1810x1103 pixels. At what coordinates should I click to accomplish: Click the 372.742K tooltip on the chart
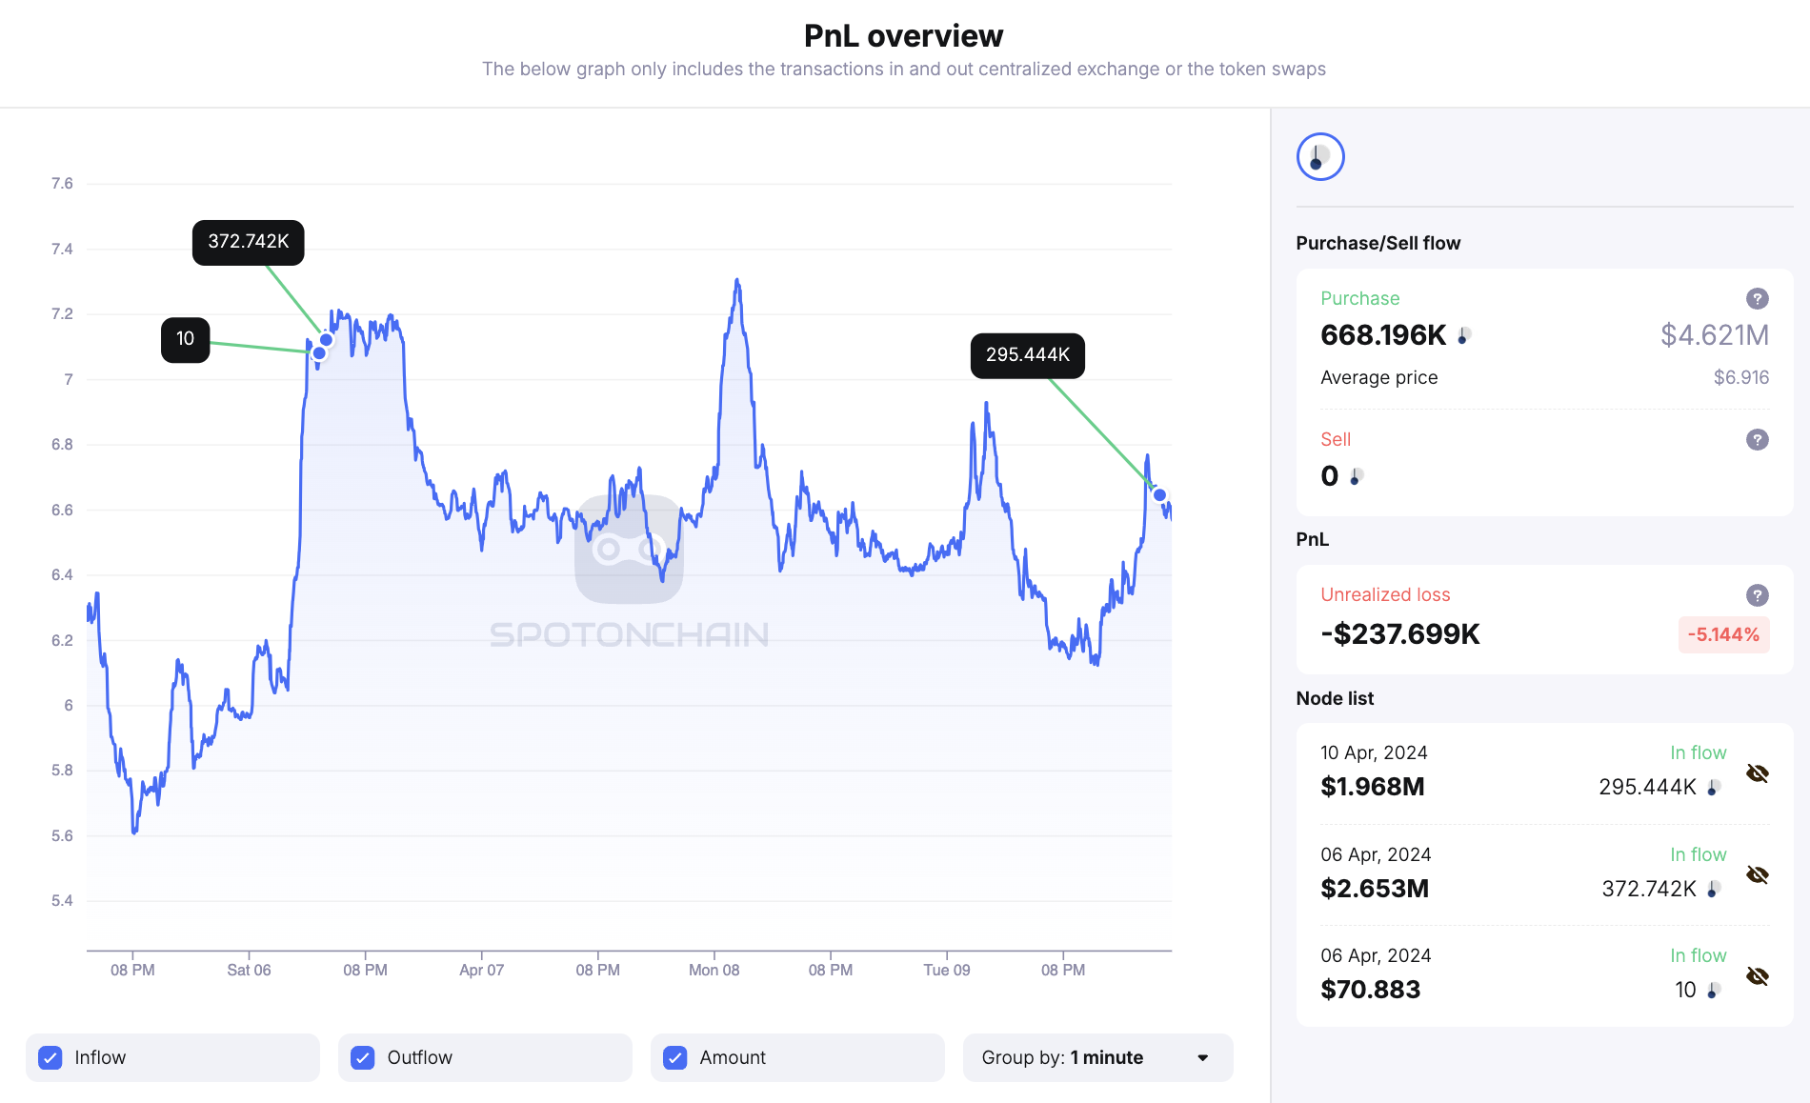tap(248, 242)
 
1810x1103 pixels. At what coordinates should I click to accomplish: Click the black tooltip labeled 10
tap(185, 339)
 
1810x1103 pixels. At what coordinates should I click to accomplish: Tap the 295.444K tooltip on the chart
tap(1027, 355)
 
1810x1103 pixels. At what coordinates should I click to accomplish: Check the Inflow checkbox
tap(50, 1057)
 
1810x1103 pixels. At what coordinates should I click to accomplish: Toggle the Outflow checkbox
tap(363, 1057)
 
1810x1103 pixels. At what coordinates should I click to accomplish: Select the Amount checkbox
tap(675, 1057)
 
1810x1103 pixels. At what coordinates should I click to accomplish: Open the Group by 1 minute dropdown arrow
tap(1202, 1057)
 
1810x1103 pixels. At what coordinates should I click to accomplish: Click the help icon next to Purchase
tap(1757, 299)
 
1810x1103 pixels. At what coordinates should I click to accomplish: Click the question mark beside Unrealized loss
tap(1757, 595)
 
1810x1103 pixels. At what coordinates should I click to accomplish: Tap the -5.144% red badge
tap(1722, 634)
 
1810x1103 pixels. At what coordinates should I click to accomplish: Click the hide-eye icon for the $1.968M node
tap(1757, 773)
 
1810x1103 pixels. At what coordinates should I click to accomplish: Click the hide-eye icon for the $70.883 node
tap(1757, 976)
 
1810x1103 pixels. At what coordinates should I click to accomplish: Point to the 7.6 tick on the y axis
tap(62, 184)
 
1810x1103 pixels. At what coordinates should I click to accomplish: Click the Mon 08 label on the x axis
tap(714, 970)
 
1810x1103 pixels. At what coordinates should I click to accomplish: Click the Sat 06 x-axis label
tap(249, 970)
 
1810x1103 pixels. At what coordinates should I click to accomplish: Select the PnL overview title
tap(903, 36)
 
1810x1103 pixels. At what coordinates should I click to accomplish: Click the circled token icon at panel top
tap(1319, 157)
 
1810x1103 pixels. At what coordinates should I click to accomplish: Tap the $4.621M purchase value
tap(1714, 335)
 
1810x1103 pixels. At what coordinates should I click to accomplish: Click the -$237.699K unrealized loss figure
tap(1399, 634)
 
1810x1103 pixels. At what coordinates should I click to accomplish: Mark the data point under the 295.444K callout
tap(1159, 494)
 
